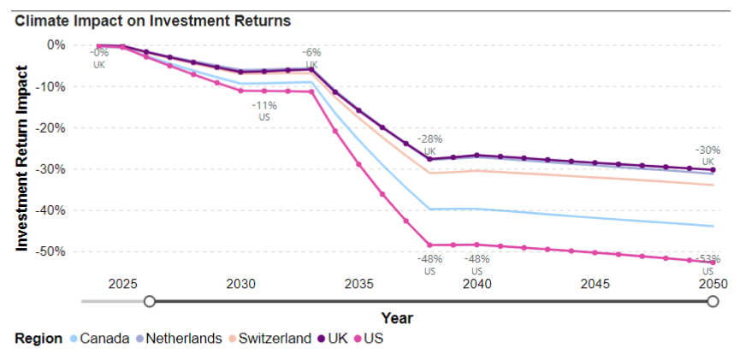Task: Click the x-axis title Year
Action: pos(397,318)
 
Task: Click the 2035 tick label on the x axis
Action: pos(358,284)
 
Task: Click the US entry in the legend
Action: pos(373,339)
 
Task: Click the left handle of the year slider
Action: pos(150,301)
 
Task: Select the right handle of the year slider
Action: pos(713,301)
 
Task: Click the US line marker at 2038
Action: pos(429,245)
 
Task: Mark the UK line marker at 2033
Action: pos(311,69)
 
